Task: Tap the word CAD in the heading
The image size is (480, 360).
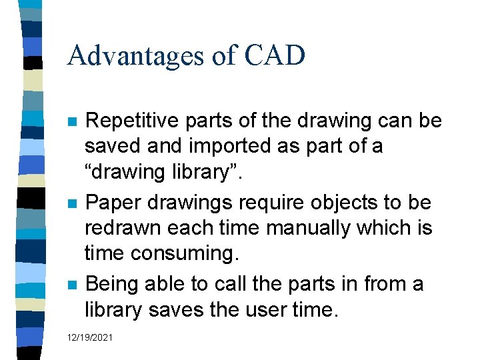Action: tap(274, 55)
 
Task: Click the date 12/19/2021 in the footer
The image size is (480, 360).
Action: tap(90, 338)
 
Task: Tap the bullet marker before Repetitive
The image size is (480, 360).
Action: tap(72, 123)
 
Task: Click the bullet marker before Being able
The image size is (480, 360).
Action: tap(72, 285)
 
